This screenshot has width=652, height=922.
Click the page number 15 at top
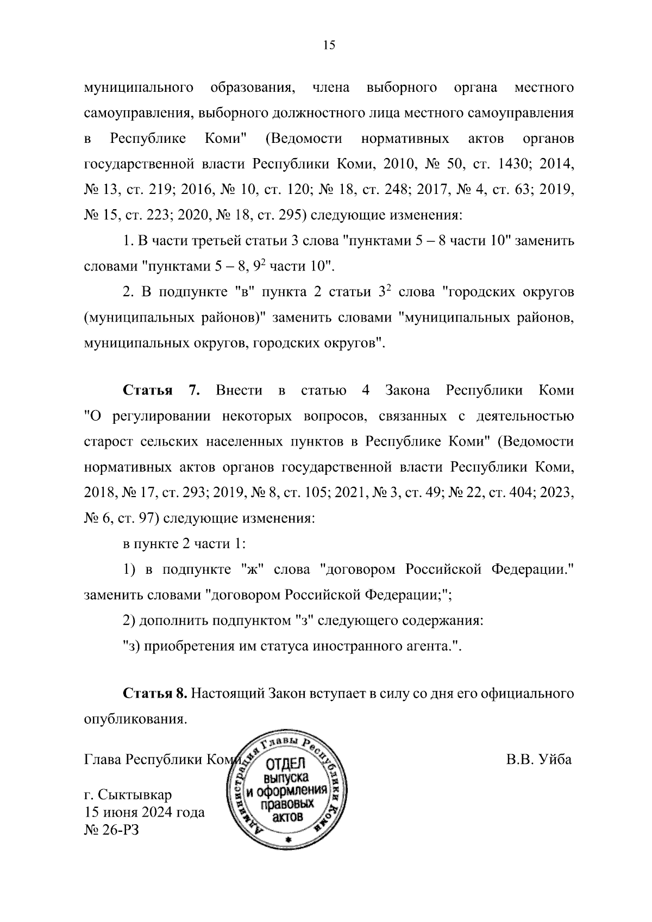pos(329,45)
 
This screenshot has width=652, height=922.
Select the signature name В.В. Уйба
pos(538,759)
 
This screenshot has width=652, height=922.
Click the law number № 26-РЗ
pos(111,845)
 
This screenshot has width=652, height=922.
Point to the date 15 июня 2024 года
pos(145,827)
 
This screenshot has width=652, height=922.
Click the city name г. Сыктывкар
pos(128,810)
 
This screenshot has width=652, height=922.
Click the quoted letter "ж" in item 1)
pos(252,569)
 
